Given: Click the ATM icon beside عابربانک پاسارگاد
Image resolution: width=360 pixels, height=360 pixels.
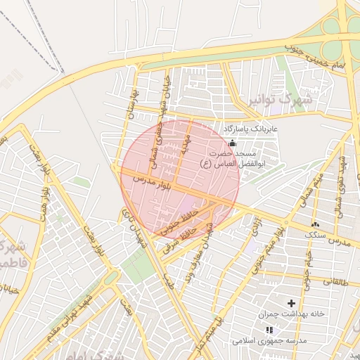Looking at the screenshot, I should (x=233, y=143).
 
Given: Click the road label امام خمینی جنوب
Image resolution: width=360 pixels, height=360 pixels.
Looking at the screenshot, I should (x=316, y=58).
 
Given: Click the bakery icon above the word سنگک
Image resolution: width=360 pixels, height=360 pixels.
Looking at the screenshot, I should (x=314, y=224).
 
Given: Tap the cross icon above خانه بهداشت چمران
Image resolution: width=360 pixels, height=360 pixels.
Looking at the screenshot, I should (x=291, y=302).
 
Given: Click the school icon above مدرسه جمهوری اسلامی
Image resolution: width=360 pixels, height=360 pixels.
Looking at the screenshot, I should (x=269, y=329).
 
